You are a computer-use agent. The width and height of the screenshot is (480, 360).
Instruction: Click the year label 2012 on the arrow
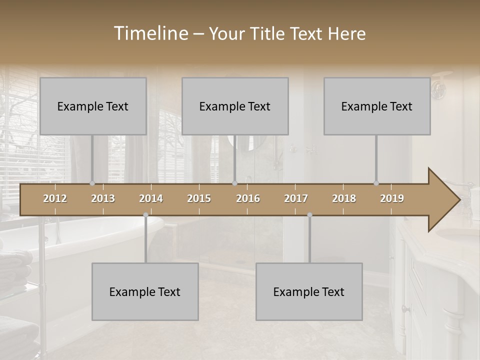pyautogui.click(x=55, y=198)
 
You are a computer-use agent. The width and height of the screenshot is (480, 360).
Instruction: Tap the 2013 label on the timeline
pyautogui.click(x=103, y=198)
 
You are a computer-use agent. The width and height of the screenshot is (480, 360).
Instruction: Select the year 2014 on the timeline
pyautogui.click(x=151, y=198)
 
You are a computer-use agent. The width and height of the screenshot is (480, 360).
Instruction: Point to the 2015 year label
pyautogui.click(x=199, y=198)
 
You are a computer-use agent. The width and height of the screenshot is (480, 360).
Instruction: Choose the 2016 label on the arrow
pyautogui.click(x=248, y=198)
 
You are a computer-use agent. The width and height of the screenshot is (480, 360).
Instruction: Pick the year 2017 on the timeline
pyautogui.click(x=296, y=198)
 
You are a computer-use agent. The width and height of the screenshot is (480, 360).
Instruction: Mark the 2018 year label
pyautogui.click(x=344, y=198)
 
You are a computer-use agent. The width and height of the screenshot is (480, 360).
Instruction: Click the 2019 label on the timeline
pyautogui.click(x=392, y=198)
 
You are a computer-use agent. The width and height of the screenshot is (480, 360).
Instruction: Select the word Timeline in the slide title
pyautogui.click(x=150, y=33)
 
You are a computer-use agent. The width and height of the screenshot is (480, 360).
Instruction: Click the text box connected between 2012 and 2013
pyautogui.click(x=93, y=106)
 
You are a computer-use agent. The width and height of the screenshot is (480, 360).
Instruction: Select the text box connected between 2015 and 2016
pyautogui.click(x=235, y=106)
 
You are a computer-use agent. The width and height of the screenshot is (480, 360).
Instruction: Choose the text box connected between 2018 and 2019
pyautogui.click(x=377, y=106)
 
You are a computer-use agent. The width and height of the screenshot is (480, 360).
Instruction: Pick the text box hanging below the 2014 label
pyautogui.click(x=145, y=291)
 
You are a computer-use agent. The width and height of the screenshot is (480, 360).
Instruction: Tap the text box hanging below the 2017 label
pyautogui.click(x=309, y=291)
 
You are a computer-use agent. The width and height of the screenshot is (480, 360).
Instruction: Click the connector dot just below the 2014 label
pyautogui.click(x=145, y=215)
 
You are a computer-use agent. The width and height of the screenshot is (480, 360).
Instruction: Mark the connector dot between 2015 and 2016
pyautogui.click(x=235, y=183)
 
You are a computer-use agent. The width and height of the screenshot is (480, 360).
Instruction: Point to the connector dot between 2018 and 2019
pyautogui.click(x=376, y=183)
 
